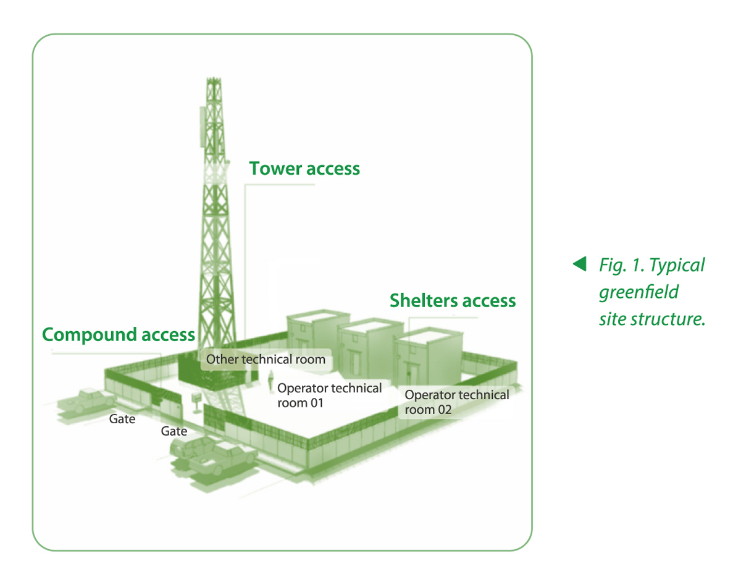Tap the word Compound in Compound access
pyautogui.click(x=90, y=335)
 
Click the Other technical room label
pyautogui.click(x=266, y=359)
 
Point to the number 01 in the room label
pyautogui.click(x=316, y=403)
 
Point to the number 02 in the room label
pyautogui.click(x=445, y=410)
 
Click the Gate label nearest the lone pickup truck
pyautogui.click(x=122, y=419)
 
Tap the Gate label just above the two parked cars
pyautogui.click(x=174, y=431)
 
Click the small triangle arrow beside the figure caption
pyautogui.click(x=580, y=264)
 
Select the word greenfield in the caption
pyautogui.click(x=638, y=293)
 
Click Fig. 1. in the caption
pyautogui.click(x=621, y=266)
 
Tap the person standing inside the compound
pyautogui.click(x=270, y=381)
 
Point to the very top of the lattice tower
pyautogui.click(x=214, y=78)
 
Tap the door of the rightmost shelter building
pyautogui.click(x=412, y=374)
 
